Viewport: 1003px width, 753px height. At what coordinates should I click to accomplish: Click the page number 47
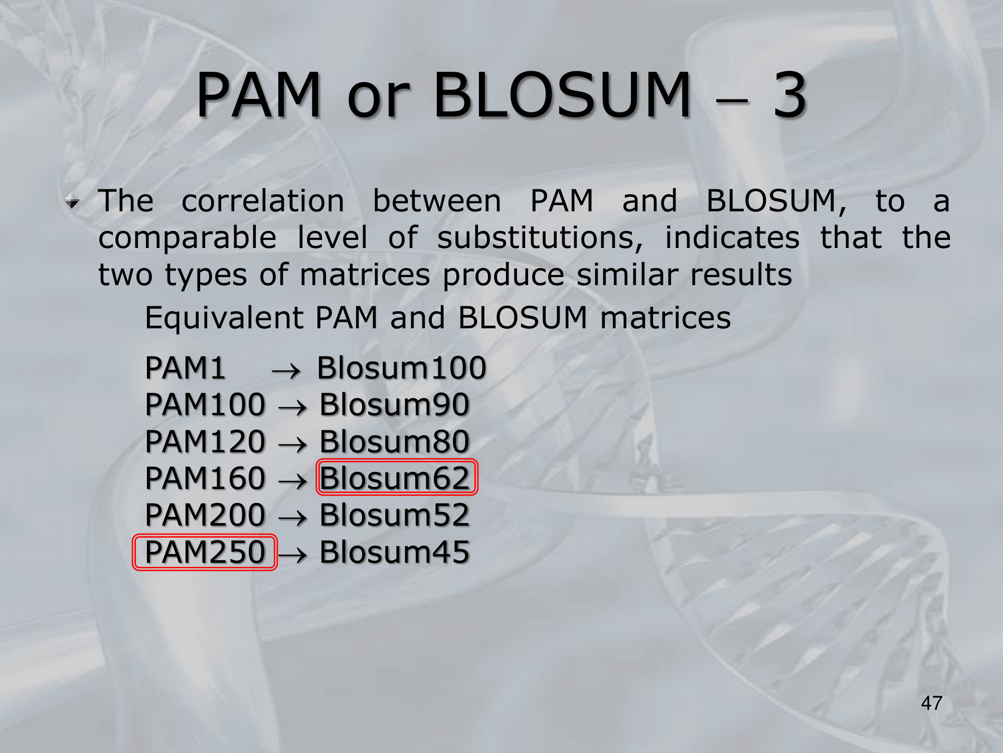click(931, 703)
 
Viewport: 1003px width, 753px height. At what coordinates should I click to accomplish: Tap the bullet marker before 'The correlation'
click(73, 202)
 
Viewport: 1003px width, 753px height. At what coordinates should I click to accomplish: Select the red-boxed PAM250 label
click(205, 552)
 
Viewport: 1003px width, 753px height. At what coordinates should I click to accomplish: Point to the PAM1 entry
click(185, 367)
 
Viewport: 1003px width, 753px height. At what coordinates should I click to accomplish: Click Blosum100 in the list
click(402, 367)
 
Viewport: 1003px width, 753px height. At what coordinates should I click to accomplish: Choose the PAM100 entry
click(205, 404)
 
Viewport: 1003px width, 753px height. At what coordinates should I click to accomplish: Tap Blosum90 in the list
click(395, 404)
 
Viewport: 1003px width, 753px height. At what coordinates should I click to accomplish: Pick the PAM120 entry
click(205, 441)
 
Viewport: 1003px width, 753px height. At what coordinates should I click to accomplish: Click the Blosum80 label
click(395, 441)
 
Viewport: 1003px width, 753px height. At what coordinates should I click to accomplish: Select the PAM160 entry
click(205, 477)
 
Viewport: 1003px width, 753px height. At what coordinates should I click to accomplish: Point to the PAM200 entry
click(205, 515)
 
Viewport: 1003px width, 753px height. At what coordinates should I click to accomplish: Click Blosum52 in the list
click(395, 515)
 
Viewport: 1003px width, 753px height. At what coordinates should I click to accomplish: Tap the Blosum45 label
click(395, 552)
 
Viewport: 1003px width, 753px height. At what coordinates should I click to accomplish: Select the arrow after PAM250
click(292, 555)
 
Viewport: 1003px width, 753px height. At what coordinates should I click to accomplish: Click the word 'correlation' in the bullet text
click(263, 201)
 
